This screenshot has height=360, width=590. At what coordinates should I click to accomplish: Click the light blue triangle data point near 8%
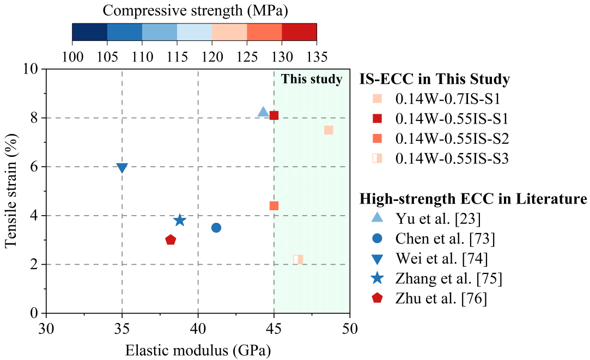pos(263,112)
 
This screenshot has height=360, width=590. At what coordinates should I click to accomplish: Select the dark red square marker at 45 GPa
pos(274,115)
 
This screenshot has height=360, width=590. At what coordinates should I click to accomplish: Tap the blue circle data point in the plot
pos(216,228)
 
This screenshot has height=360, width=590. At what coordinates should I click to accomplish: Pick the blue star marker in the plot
pos(180,221)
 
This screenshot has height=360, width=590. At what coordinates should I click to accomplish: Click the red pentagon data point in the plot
pos(171,240)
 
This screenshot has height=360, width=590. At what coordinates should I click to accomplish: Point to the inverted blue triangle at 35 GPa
pos(122,168)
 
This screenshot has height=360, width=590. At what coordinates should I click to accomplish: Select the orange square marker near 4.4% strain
pos(274,206)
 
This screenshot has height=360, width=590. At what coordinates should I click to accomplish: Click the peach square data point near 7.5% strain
pos(329,130)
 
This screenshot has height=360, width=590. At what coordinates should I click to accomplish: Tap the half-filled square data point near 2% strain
pos(298,259)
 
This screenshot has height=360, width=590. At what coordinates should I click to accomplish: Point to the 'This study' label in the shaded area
pos(312,80)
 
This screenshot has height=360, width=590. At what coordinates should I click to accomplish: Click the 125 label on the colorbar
pos(247,56)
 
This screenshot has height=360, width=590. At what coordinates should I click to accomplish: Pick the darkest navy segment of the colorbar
pos(89,32)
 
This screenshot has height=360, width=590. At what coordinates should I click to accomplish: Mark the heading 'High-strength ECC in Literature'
pos(473,199)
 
